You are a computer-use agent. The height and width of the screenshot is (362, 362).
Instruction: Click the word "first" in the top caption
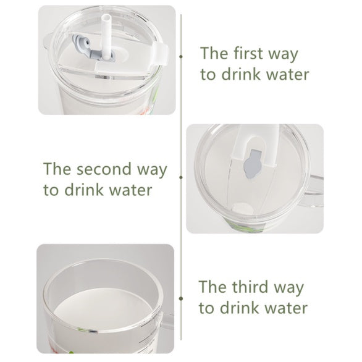pos(249,53)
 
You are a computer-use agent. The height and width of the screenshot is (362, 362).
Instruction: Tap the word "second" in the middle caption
pos(104,169)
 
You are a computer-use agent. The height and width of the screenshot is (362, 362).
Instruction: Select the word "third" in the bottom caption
pos(250,287)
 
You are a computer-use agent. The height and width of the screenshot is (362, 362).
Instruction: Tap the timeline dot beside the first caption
pos(181,57)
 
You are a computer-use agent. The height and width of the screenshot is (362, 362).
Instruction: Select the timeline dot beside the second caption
pos(181,177)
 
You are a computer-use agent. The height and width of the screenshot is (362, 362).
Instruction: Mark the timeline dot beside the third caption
pos(181,298)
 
